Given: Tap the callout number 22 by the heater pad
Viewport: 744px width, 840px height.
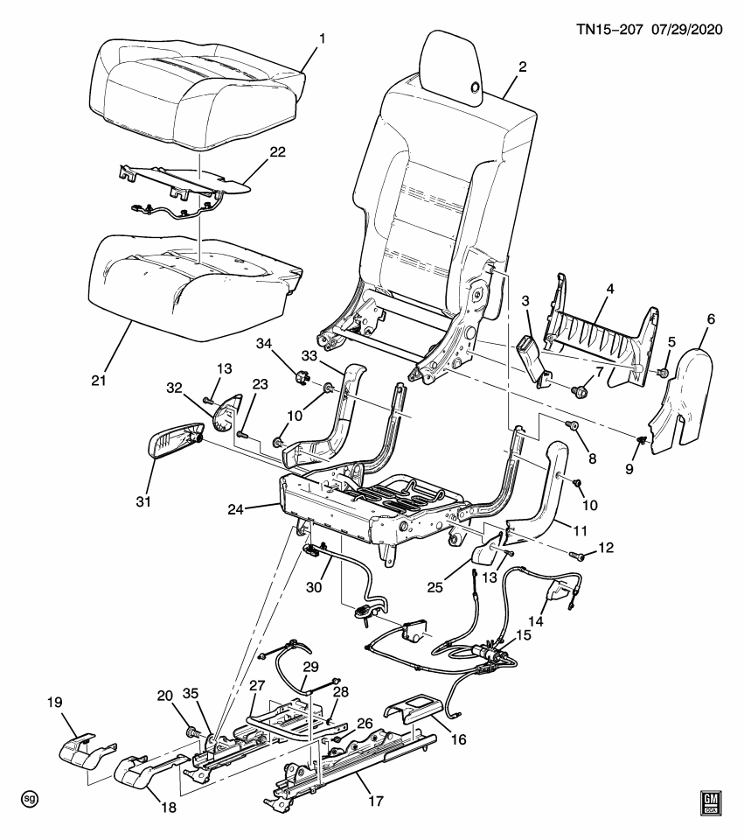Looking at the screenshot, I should pos(277,151).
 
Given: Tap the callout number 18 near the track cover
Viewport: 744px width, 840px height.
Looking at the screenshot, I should pos(167,808).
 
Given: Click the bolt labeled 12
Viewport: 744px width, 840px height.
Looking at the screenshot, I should pos(579,555).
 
